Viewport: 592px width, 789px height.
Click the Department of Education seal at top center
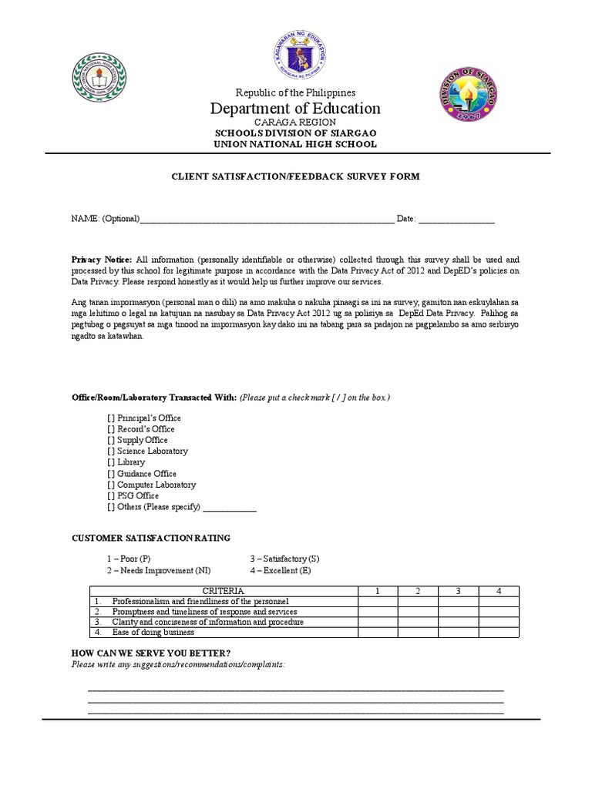tap(296, 56)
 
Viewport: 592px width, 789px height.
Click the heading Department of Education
tap(295, 109)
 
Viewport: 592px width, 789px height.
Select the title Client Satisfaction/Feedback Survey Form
tap(295, 176)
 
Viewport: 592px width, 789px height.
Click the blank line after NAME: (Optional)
tap(266, 220)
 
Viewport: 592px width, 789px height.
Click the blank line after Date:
tap(456, 220)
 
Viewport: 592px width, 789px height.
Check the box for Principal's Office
tap(111, 418)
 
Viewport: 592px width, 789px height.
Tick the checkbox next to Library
tap(111, 462)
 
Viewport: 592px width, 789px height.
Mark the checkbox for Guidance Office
tap(111, 474)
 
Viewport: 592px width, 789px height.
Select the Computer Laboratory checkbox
tap(111, 485)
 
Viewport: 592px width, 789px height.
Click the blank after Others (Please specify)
tap(229, 508)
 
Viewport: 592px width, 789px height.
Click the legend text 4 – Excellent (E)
tap(280, 570)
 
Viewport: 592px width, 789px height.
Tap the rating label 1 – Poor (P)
tap(129, 559)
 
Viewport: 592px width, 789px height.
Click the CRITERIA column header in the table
tap(224, 591)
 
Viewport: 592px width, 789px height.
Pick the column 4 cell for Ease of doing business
tap(499, 633)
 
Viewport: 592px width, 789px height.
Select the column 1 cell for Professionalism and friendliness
tap(378, 601)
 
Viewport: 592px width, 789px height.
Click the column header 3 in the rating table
tap(458, 591)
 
